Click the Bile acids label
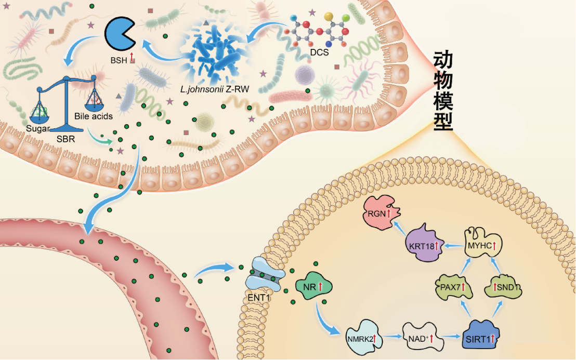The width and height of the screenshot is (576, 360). [x=94, y=116]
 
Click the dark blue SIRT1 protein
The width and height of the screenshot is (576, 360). [x=479, y=338]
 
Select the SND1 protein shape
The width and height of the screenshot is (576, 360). [x=503, y=286]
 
